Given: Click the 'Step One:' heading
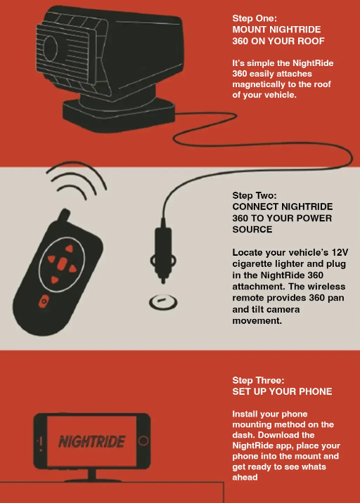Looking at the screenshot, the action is pos(255,18).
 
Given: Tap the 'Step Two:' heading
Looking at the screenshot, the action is pos(255,195).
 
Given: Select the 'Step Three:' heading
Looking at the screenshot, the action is pos(258,381).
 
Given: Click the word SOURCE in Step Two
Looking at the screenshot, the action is pos(252,229).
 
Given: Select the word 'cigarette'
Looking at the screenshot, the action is pos(253,264).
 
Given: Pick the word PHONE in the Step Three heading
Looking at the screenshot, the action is pos(316,392).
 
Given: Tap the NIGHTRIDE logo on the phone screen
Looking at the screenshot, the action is pos(91,442).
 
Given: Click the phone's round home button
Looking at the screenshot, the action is pos(143,440).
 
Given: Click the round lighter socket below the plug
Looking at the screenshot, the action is pos(163,302).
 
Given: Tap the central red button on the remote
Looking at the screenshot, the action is pos(62,263).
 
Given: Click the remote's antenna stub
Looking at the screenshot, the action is pos(64,215).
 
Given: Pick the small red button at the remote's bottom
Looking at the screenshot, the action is pos(44,301).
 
